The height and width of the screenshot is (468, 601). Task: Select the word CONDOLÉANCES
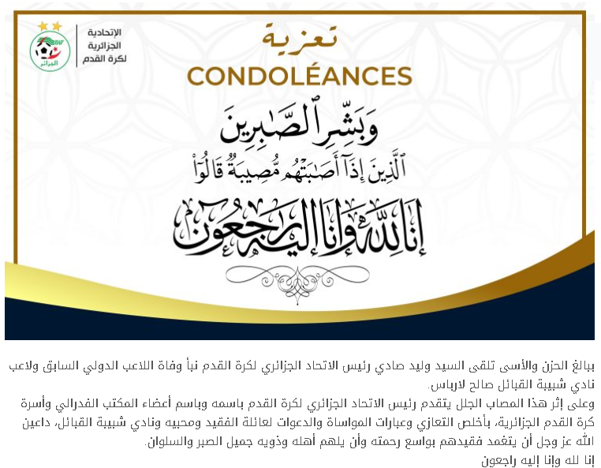(x=299, y=76)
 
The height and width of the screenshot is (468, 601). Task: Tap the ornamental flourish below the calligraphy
(x=299, y=273)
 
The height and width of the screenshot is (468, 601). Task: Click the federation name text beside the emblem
(x=105, y=45)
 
